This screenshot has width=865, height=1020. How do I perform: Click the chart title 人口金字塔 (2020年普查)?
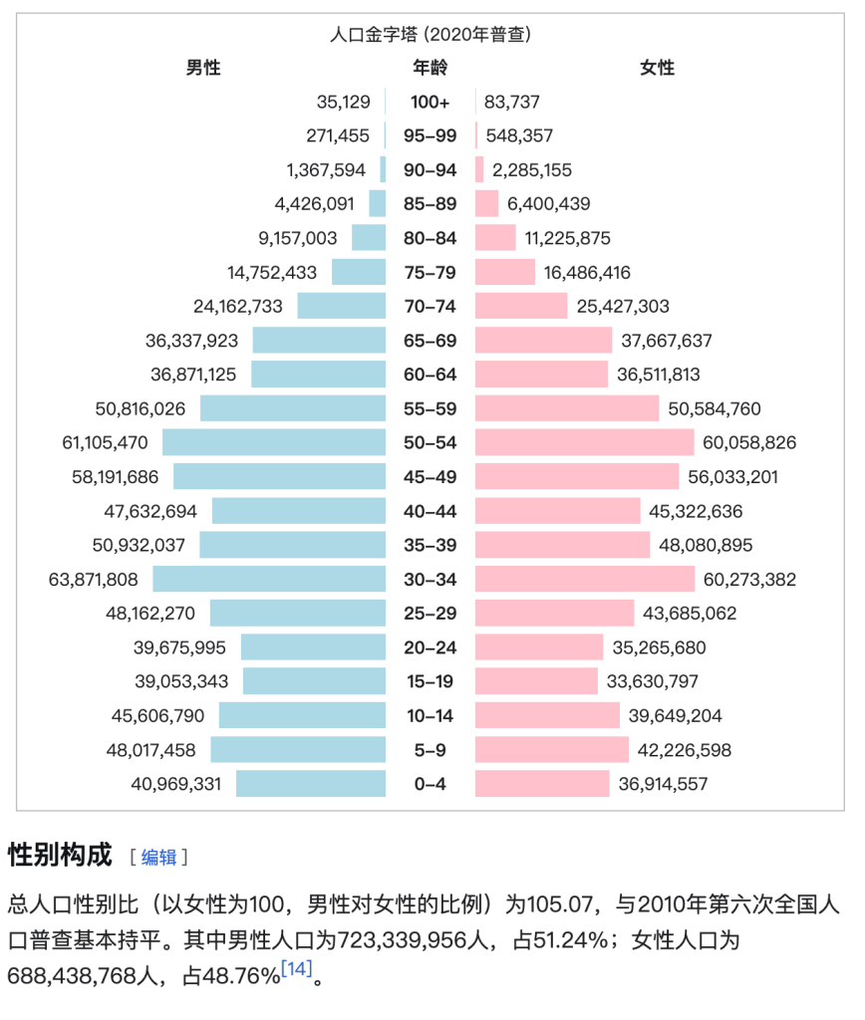[431, 35]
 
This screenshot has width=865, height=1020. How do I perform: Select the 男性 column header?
[203, 68]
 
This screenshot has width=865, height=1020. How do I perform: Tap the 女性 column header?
[657, 68]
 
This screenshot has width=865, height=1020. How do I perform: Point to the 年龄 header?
[431, 68]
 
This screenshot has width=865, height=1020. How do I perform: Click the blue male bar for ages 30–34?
[269, 579]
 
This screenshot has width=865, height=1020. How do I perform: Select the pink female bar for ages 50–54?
[584, 442]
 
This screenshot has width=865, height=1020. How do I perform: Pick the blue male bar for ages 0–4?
[311, 783]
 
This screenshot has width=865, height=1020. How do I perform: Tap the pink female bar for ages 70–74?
[521, 306]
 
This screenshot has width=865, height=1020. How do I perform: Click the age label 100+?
[431, 102]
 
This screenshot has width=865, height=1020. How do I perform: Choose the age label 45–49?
[431, 477]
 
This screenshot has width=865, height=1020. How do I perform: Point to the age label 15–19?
[431, 681]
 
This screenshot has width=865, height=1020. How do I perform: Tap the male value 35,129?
[344, 102]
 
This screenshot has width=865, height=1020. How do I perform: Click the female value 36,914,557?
[663, 784]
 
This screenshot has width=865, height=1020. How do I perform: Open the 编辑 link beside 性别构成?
[158, 857]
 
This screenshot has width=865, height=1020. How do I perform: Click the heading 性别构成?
[60, 855]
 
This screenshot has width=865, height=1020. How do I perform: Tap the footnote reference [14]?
[297, 968]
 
